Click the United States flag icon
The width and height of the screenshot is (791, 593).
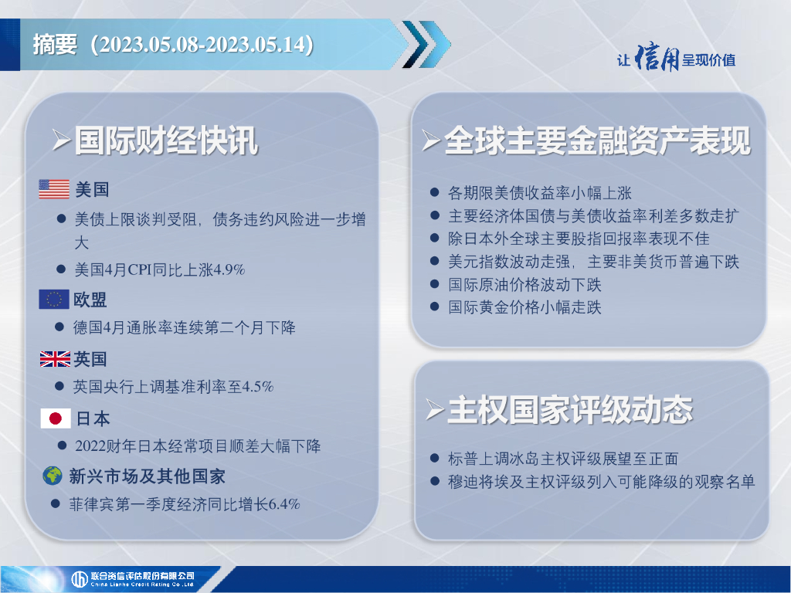54,189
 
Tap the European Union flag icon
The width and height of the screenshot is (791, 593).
53,299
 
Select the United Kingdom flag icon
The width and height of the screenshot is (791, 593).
55,359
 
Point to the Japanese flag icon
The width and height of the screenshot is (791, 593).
56,418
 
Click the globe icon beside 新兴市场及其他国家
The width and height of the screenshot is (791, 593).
53,476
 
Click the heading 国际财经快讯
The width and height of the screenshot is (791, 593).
167,141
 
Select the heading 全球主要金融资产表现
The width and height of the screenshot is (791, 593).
598,141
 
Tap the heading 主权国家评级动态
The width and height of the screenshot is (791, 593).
570,409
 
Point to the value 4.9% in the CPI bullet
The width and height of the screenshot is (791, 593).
229,269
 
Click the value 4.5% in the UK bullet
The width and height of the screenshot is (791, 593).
258,387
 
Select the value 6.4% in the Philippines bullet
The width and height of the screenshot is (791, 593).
284,503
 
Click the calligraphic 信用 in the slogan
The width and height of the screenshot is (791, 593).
657,58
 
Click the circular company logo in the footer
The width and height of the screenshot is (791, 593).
80,579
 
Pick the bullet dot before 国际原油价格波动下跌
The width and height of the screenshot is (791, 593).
434,284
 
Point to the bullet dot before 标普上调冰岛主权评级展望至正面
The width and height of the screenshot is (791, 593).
434,458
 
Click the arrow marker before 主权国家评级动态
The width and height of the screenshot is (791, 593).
434,409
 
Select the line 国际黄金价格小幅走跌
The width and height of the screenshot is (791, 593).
525,307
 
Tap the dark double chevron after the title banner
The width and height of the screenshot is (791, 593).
426,44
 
